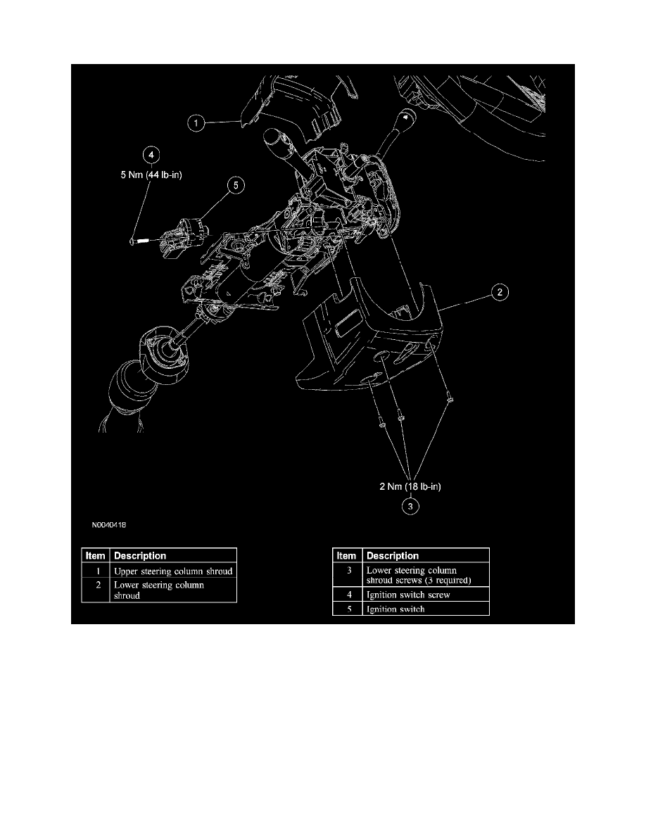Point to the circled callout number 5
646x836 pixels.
[236, 184]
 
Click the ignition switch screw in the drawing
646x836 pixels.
[138, 241]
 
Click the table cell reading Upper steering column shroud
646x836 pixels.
[173, 571]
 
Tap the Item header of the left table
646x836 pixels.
[96, 555]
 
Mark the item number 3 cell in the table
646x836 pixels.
[346, 569]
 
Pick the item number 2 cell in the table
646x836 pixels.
[96, 585]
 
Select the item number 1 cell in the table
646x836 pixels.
[96, 571]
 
